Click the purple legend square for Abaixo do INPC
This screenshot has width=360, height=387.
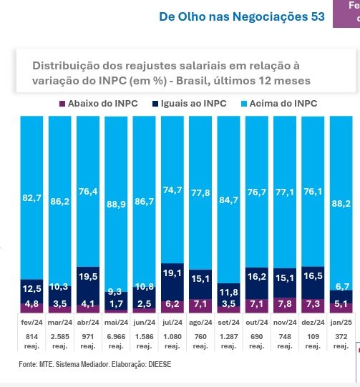62,104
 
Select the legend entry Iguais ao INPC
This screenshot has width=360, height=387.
190,104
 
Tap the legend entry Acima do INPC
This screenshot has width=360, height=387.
279,104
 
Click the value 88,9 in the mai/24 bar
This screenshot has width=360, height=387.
116,204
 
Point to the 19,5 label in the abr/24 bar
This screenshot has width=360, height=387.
88,276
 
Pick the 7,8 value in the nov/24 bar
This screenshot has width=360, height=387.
285,303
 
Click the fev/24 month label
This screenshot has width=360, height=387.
32,323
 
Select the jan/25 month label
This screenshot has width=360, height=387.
341,323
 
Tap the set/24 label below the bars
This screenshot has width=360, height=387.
228,323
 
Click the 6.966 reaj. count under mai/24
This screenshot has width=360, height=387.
116,341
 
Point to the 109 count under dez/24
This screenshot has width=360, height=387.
313,337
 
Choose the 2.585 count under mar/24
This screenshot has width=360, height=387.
59,337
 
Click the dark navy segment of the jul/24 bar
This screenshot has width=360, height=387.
172,282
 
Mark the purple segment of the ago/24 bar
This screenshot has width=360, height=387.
200,306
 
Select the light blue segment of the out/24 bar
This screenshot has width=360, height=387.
256,192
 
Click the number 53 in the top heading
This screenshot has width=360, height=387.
318,16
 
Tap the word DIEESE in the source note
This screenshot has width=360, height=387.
160,364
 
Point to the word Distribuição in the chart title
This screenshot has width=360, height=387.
66,66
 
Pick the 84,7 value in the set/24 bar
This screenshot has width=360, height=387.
228,200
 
